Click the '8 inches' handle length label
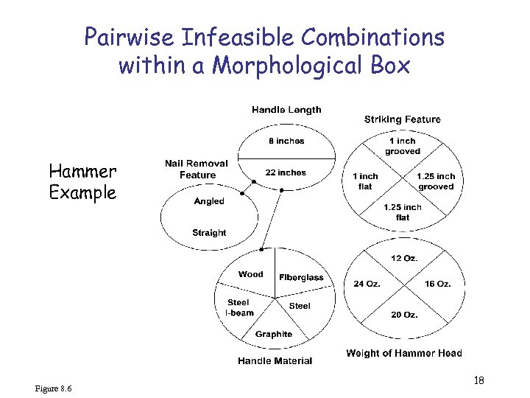point(286,141)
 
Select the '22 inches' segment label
point(286,172)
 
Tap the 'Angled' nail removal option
point(209,201)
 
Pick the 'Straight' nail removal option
point(209,233)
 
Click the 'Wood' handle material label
point(250,274)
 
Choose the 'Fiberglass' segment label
point(301,277)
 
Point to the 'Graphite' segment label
point(274,334)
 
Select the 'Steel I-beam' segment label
point(239,307)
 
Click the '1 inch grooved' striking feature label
point(402,146)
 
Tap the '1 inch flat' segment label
point(365,181)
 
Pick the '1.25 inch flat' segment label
point(402,212)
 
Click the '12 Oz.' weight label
point(404,259)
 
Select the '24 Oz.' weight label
point(367,284)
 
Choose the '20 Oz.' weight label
point(404,315)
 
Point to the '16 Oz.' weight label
point(438,284)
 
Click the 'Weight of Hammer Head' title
point(404,354)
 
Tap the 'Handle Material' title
point(275,361)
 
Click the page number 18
point(478,380)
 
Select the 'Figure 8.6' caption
point(53,388)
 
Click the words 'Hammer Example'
point(82,182)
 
